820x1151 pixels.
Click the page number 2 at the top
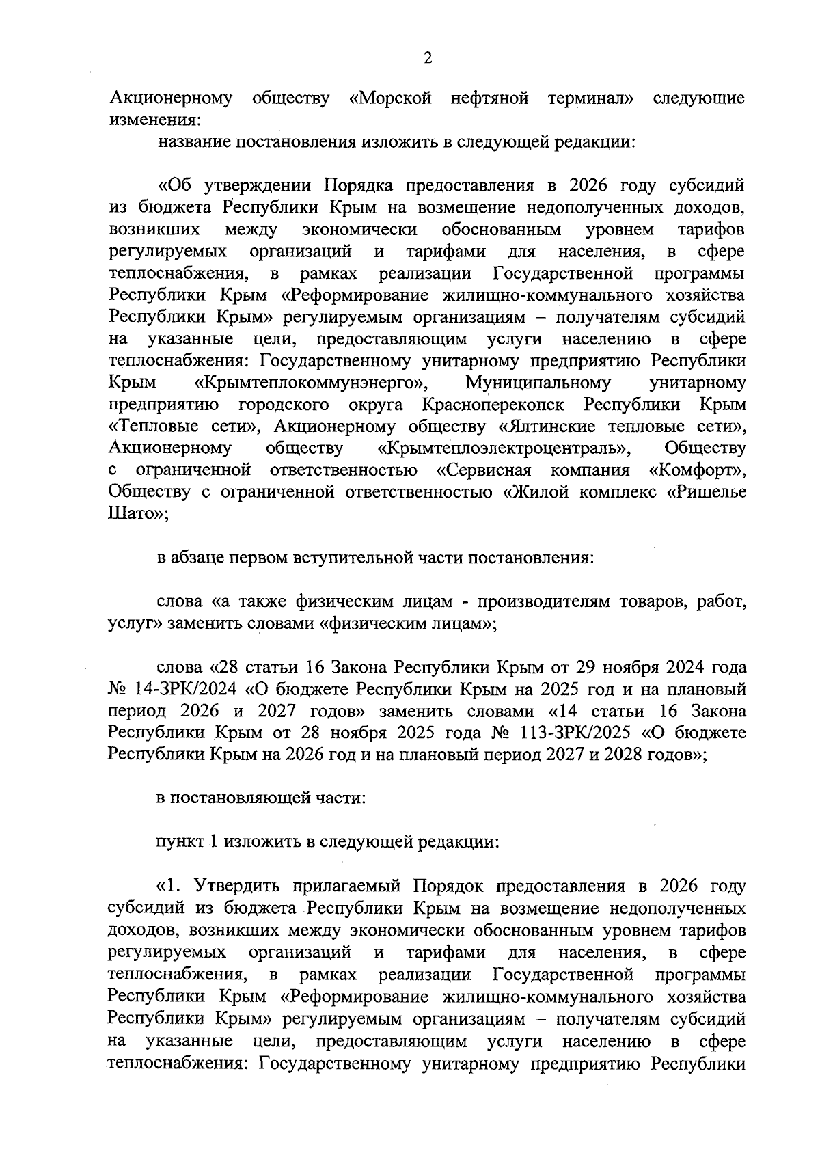point(428,58)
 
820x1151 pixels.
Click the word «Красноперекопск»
point(493,404)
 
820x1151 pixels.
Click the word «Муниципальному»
point(538,382)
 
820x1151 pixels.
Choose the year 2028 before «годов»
point(623,755)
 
